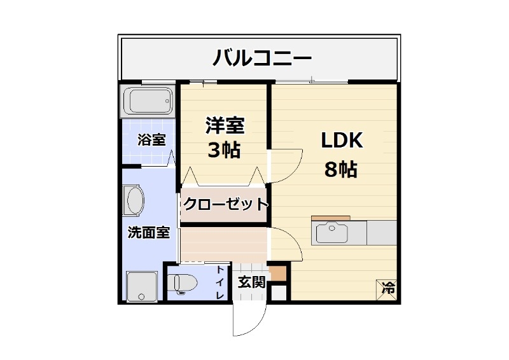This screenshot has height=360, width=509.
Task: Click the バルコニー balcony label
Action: tap(261, 59)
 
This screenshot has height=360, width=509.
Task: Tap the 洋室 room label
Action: tap(225, 125)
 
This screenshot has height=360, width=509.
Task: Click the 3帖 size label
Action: tap(224, 151)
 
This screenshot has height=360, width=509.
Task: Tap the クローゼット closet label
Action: tap(225, 205)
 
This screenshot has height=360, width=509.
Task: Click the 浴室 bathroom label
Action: tap(151, 140)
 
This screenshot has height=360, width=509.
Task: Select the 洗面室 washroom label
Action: tap(148, 233)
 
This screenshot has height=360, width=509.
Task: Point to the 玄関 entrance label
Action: tap(251, 282)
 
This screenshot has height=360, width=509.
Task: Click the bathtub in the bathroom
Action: tap(148, 100)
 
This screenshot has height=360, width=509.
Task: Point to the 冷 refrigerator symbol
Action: tap(387, 288)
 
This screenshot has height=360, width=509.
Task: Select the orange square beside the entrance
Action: tap(277, 274)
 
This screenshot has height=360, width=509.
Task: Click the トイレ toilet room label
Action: tap(220, 283)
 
